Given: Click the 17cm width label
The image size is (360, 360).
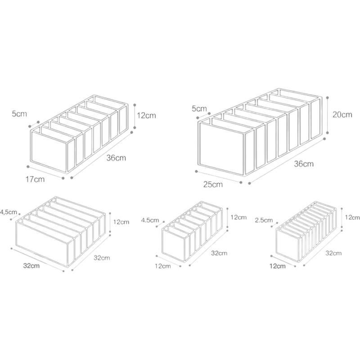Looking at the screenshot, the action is (x=35, y=179).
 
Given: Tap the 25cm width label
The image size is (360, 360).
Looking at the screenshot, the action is (x=213, y=184).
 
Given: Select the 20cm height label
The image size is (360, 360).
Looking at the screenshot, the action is (x=342, y=115).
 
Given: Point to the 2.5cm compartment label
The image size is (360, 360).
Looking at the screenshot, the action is (x=264, y=220).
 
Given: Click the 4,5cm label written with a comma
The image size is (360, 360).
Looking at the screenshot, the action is (x=9, y=212).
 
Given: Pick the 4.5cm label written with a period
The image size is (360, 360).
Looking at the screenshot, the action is (x=150, y=220).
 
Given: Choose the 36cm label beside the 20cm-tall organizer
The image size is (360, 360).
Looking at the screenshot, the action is (x=304, y=164).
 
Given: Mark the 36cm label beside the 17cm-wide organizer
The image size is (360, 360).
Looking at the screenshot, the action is (x=116, y=158).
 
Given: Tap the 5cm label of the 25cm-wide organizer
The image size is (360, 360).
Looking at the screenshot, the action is (x=199, y=108).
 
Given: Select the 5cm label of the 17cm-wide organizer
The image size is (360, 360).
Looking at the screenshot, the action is (x=19, y=114).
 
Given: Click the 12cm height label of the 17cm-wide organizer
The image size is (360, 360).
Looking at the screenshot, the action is (x=147, y=115).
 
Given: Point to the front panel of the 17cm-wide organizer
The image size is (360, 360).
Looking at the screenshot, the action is (x=49, y=152).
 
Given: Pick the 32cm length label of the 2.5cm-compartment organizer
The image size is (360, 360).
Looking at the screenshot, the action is (x=333, y=253).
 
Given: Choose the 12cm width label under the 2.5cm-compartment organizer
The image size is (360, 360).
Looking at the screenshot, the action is (x=278, y=266).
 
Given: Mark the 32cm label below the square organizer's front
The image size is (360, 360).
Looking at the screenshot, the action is (x=31, y=265).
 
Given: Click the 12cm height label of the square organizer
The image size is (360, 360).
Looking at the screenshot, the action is (x=121, y=222).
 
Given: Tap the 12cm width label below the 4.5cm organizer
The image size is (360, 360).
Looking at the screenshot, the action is (x=163, y=266).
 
